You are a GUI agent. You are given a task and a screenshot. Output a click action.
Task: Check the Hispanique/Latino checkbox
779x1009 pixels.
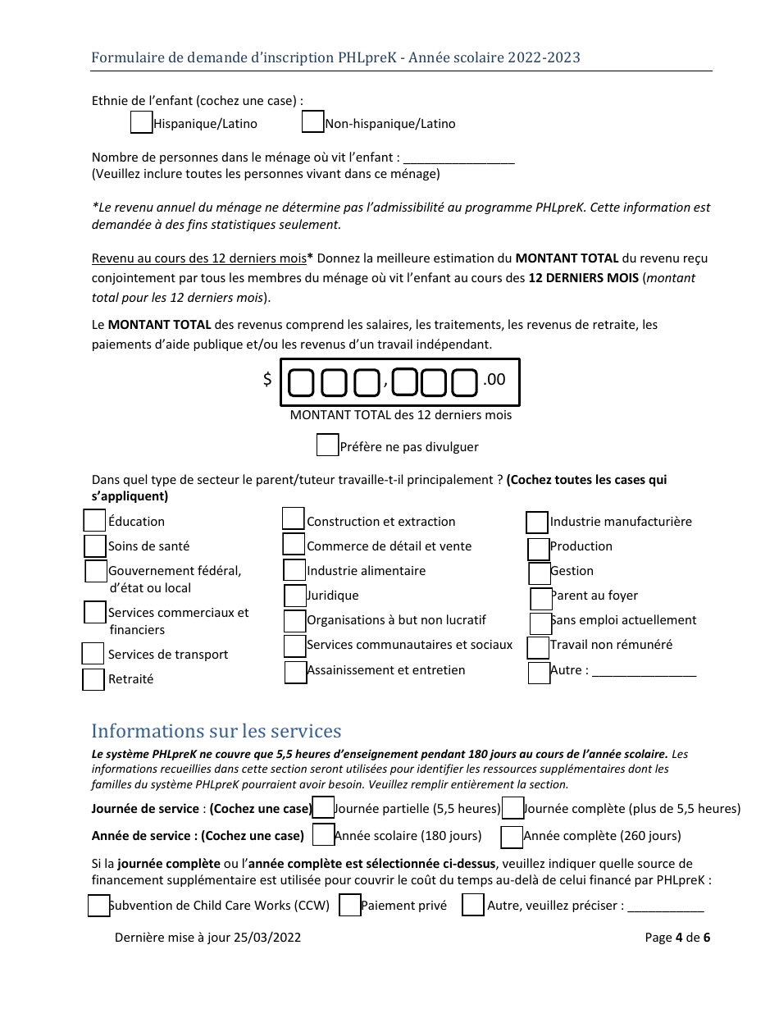(x=142, y=122)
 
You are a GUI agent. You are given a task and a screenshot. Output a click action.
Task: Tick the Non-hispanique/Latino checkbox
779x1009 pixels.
(x=312, y=122)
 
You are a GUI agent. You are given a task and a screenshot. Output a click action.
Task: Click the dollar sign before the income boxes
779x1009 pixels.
(x=267, y=380)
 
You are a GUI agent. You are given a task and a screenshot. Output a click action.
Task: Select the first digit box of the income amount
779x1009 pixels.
(x=302, y=382)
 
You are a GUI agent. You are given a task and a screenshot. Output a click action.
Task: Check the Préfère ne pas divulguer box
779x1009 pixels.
(x=327, y=445)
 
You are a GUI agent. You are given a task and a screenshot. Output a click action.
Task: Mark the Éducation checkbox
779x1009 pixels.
(x=95, y=521)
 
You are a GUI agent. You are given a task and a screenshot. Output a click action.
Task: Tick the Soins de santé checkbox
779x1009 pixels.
(x=95, y=546)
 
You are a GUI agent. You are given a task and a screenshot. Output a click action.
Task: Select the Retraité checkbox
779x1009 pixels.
(x=93, y=680)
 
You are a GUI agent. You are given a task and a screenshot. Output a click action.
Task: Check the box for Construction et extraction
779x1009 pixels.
(x=294, y=518)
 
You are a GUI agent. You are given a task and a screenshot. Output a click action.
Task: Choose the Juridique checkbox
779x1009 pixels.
(x=295, y=596)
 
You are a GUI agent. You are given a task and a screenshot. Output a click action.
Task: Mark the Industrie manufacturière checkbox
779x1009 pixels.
(x=537, y=523)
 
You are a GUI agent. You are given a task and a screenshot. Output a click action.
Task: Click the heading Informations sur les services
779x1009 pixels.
(x=216, y=731)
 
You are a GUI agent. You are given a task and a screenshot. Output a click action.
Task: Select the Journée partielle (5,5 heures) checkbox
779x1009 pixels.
(x=324, y=808)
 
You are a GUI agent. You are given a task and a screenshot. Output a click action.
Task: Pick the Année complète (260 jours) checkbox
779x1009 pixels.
(x=512, y=837)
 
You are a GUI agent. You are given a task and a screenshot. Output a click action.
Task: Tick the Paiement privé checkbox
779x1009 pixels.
(x=350, y=906)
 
